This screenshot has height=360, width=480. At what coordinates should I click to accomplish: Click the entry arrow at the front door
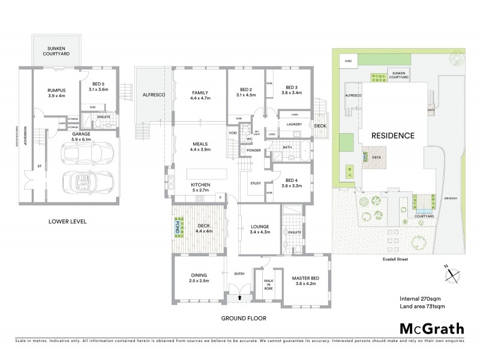click(240, 296)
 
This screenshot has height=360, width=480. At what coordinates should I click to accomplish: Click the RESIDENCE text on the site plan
click(392, 135)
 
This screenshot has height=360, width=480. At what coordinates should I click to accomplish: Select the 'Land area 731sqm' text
click(427, 307)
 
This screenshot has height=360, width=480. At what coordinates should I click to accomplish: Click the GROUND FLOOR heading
click(244, 319)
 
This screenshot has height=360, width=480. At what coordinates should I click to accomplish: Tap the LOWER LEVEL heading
click(68, 221)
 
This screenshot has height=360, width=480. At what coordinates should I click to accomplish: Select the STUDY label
click(254, 184)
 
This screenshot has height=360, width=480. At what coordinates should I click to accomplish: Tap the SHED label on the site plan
click(347, 61)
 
